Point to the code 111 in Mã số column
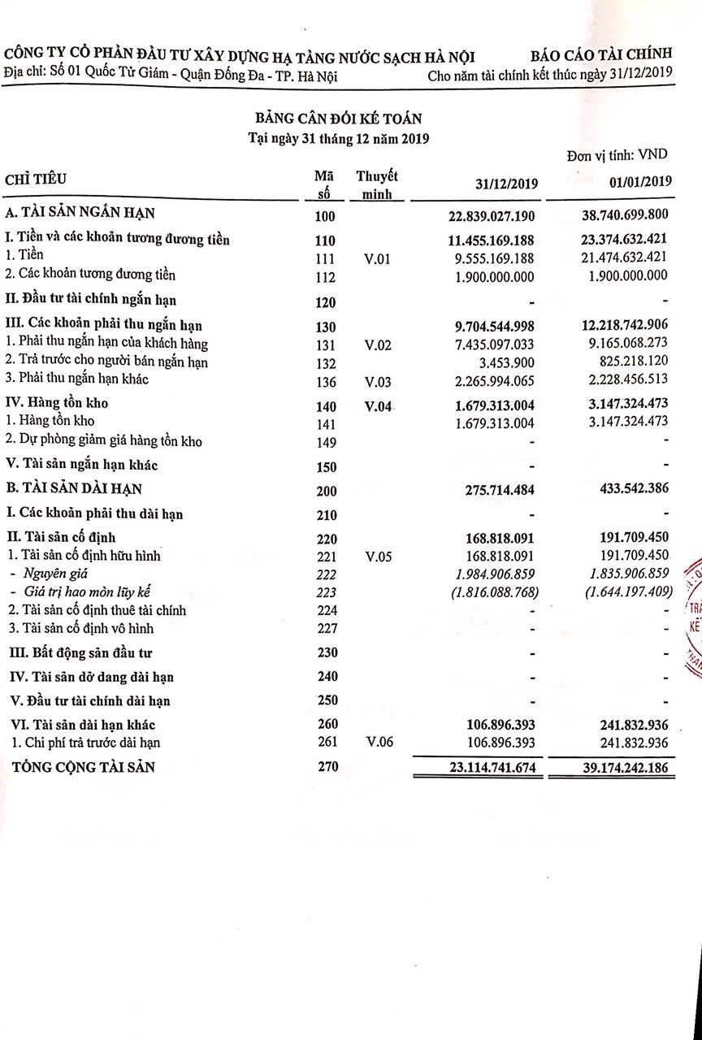coord(325,258)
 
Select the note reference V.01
coord(378,258)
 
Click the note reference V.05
coord(378,557)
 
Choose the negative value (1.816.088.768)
coord(493,592)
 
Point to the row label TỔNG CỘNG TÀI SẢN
coord(80,766)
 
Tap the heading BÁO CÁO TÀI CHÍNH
coord(602,55)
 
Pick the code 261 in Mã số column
coord(325,743)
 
